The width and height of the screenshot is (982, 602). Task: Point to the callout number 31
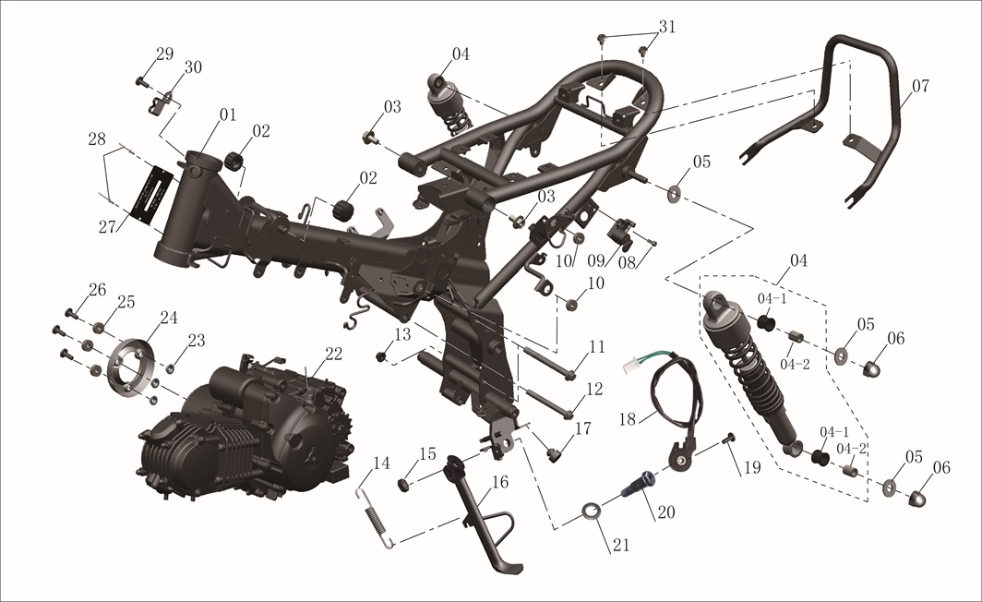[x=667, y=28]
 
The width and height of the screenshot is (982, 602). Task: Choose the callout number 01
[x=228, y=114]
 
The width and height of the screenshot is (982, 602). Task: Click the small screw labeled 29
[x=141, y=81]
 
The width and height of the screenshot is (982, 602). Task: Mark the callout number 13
[x=402, y=334]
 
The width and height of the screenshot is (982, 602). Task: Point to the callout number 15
[x=427, y=453]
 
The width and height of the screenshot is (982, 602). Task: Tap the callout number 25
[x=126, y=302]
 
